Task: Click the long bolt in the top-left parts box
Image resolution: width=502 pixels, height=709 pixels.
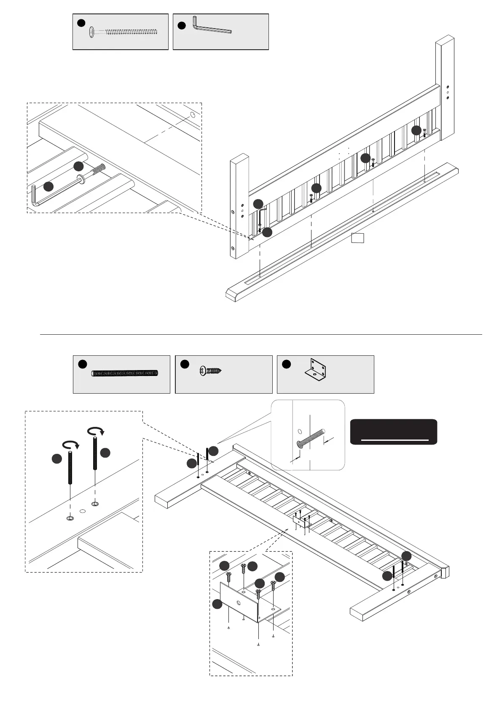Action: [x=124, y=32]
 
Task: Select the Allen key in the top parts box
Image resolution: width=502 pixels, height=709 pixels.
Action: [x=211, y=27]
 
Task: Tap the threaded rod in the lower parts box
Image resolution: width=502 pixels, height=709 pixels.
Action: [x=125, y=373]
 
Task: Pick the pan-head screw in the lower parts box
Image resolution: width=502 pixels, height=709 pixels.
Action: [x=210, y=371]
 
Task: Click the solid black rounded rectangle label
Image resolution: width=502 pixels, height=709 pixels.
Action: [x=393, y=432]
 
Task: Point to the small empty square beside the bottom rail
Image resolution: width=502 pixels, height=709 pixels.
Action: [x=357, y=238]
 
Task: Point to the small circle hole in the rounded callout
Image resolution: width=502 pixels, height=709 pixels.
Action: [x=300, y=432]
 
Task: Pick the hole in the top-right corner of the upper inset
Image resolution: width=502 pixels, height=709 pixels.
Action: [x=193, y=115]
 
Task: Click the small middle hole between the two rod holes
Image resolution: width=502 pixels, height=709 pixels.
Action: [x=83, y=511]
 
